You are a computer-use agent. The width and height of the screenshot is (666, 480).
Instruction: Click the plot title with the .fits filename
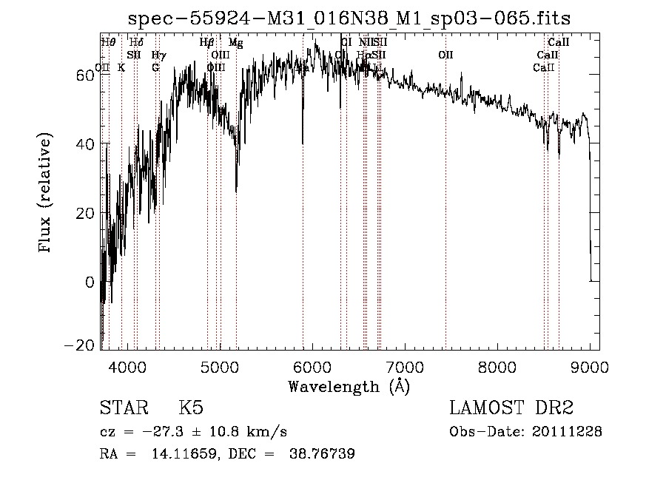coord(349,18)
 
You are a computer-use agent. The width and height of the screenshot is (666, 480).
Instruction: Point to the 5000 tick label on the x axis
coord(220,368)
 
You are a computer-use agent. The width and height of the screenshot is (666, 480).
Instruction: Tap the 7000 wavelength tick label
coord(405,368)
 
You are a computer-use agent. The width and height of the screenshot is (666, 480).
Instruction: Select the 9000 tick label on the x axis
coord(590,368)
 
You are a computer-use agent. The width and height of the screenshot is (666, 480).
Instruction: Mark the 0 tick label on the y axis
coord(90,283)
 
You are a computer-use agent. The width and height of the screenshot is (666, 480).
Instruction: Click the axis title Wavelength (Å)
coord(349,386)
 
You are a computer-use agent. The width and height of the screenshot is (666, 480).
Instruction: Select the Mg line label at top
coord(235,43)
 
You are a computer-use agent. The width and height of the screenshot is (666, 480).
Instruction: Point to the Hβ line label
coord(207,43)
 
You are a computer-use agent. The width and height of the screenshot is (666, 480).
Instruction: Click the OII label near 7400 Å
coord(445,55)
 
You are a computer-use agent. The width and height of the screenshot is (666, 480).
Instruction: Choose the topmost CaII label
coord(558,43)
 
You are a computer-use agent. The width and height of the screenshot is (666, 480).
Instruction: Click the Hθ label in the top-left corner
coord(108,43)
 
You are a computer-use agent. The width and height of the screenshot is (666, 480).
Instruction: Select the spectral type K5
coord(191,408)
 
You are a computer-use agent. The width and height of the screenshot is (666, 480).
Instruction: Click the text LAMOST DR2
coord(511,408)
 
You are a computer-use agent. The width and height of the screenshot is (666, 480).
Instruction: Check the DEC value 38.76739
coord(323,455)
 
